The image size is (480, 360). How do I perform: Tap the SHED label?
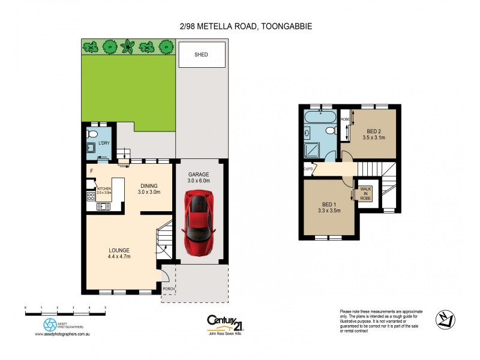pyautogui.click(x=201, y=55)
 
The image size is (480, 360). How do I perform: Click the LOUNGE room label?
pyautogui.click(x=119, y=250)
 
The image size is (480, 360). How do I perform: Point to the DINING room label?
pyautogui.click(x=149, y=185)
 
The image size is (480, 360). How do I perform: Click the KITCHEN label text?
pyautogui.click(x=104, y=188)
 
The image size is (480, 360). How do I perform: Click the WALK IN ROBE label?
pyautogui.click(x=365, y=193)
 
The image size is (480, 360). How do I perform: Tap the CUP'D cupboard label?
pyautogui.click(x=308, y=169)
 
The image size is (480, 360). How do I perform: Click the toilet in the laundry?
pyautogui.click(x=92, y=133)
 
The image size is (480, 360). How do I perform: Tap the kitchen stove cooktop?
pyautogui.click(x=91, y=196)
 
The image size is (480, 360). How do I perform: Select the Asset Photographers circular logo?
pyautogui.click(x=50, y=325)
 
